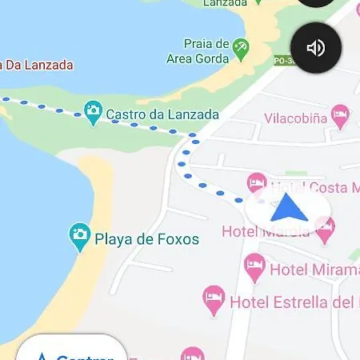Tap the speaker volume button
pos(315,48)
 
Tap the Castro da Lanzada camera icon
pos(94,114)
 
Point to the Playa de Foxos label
pos(146,238)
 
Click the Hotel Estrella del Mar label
pos(293,302)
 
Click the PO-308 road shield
pos(282,60)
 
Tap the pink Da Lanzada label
pos(37,65)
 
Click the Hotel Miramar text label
pos(314,269)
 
